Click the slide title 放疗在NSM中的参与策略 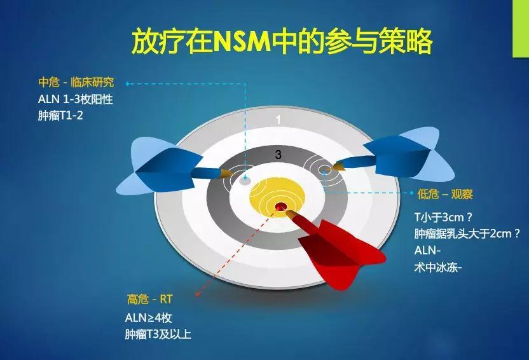(282, 41)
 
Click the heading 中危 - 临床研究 (76, 82)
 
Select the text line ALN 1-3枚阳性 (76, 99)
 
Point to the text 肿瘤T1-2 (60, 116)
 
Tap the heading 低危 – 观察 (445, 194)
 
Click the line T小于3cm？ (444, 218)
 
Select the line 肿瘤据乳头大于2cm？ (467, 233)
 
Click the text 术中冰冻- (438, 268)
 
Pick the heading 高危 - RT (149, 299)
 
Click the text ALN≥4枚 (148, 317)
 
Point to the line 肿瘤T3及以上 (158, 335)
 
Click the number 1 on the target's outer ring (278, 120)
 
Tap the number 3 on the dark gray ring (278, 155)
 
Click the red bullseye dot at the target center (280, 206)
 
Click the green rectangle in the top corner (521, 29)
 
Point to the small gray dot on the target (245, 181)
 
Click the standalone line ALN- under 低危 (427, 251)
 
